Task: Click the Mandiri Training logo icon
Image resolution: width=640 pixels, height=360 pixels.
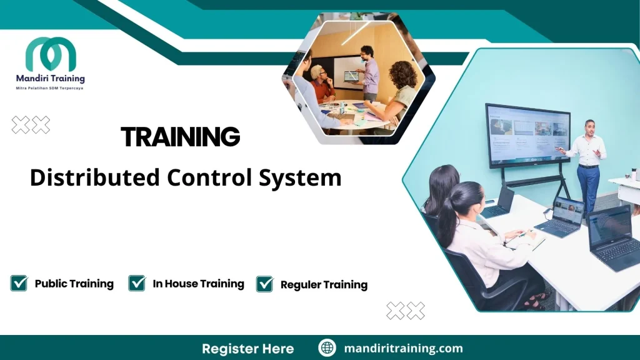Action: [51, 54]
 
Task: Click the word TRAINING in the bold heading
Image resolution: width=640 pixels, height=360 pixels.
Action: [180, 136]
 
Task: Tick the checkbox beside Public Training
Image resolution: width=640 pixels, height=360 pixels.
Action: [19, 284]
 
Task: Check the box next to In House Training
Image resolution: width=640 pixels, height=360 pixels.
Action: [137, 284]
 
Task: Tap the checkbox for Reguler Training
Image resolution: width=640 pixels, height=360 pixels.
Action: [265, 284]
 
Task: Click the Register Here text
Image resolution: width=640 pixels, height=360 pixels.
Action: [247, 348]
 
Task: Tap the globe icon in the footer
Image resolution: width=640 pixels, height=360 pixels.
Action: [327, 348]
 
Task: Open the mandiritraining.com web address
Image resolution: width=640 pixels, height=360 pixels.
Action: [403, 348]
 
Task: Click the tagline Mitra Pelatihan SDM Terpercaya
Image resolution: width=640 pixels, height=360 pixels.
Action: [50, 89]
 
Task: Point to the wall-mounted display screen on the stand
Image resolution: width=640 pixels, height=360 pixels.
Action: [528, 134]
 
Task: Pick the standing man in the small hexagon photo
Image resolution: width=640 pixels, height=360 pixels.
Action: [369, 72]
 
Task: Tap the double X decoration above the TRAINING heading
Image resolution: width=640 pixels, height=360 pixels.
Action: [31, 125]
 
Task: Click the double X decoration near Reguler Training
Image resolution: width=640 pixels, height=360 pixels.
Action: [406, 310]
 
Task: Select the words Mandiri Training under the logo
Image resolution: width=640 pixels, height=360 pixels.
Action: [50, 79]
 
